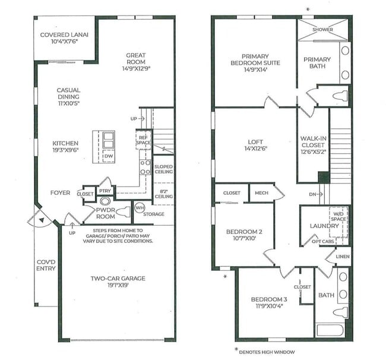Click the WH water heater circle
(x=140, y=207)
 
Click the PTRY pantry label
(x=105, y=191)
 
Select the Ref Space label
(x=143, y=140)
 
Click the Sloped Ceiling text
(x=163, y=169)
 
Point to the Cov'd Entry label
(x=46, y=264)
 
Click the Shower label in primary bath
(x=323, y=30)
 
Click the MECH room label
(x=261, y=192)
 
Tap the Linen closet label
(x=343, y=256)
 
